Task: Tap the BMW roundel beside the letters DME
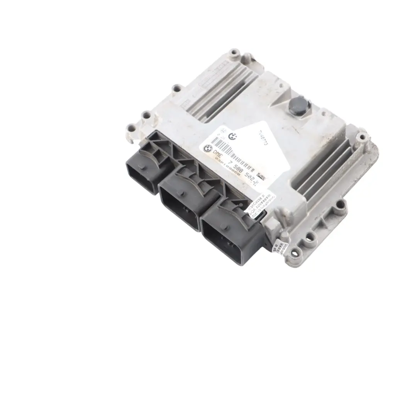[207, 147]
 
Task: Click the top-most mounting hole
[234, 52]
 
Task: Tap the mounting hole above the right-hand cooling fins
[362, 136]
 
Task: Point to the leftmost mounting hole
[131, 128]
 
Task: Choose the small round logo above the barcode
[232, 136]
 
